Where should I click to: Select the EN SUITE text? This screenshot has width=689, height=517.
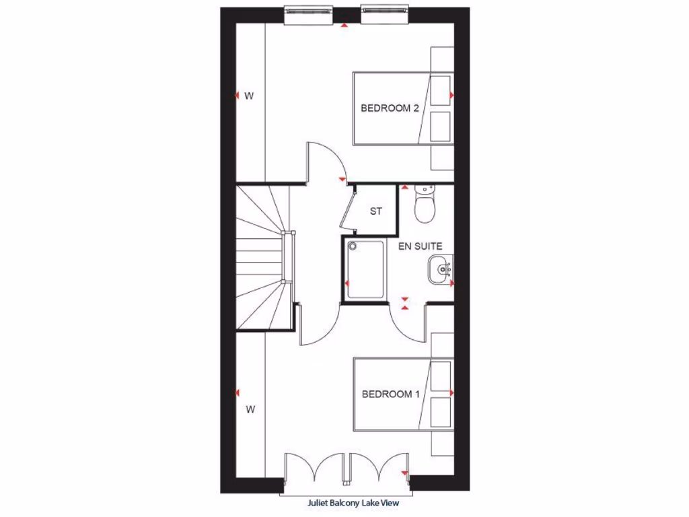tap(420, 246)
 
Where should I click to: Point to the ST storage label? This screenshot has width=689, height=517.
tap(376, 211)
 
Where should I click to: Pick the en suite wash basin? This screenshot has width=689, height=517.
tap(441, 270)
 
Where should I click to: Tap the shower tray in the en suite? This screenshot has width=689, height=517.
tap(365, 269)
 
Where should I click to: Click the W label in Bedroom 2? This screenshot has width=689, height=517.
tap(249, 96)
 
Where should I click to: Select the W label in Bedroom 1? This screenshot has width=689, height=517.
tap(250, 409)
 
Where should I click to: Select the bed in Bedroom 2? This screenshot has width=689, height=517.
tap(402, 108)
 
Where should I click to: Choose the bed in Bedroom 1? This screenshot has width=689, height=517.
tap(402, 394)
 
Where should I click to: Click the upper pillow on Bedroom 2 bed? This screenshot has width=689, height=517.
tap(440, 90)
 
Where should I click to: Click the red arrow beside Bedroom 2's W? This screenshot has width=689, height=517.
tap(237, 96)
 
